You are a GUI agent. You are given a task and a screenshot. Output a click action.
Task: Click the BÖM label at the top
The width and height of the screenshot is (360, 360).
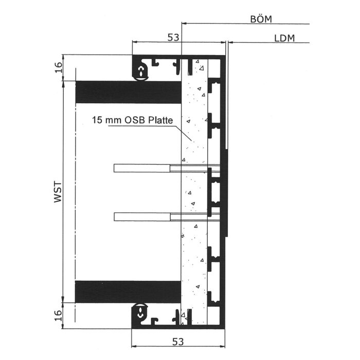pos(261,19)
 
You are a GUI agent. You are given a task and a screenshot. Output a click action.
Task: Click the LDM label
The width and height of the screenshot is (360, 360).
pos(284,39)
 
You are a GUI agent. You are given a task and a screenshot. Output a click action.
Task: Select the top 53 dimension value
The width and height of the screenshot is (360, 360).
pos(173,38)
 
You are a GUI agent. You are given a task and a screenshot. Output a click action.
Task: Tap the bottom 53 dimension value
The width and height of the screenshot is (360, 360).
pos(178,342)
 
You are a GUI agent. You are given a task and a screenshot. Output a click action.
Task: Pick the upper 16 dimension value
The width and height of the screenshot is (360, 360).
pos(59,67)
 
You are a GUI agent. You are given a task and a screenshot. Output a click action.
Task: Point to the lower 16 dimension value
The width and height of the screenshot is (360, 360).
pos(59,315)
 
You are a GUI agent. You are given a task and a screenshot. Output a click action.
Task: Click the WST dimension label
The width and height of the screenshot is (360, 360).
pos(58,192)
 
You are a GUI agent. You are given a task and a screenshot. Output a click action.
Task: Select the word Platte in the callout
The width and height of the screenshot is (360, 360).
pos(160,120)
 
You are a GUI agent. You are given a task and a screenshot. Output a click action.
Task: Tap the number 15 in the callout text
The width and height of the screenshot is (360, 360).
pos(97,120)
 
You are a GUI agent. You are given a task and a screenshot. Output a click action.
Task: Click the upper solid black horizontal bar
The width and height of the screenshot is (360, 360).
pos(129,92)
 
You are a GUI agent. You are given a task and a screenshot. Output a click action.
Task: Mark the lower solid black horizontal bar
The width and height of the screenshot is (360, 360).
pos(128,292)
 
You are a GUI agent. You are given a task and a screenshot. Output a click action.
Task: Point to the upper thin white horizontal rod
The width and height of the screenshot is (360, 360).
pos(167,168)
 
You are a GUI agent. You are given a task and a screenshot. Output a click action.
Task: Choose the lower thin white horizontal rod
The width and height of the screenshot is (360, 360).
pos(167,217)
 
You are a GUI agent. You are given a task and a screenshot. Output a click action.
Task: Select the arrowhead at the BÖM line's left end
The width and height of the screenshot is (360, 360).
pos(184,23)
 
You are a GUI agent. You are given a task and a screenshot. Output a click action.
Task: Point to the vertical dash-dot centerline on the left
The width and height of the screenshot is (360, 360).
pos(75,195)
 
